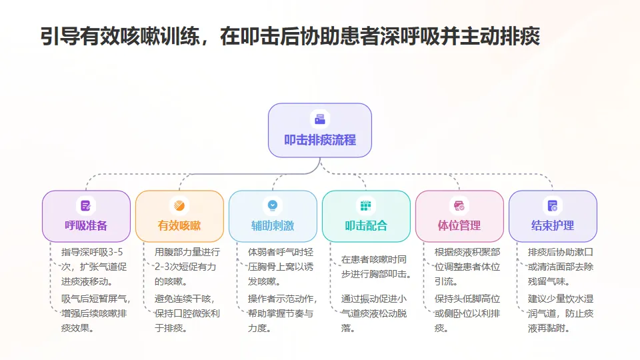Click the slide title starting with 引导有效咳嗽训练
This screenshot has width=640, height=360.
290,36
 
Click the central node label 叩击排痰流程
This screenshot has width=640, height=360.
320,140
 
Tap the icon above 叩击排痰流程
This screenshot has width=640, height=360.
320,119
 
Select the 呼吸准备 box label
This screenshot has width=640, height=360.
86,225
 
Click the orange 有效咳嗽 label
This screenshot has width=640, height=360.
179,225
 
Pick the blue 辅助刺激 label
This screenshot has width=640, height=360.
273,225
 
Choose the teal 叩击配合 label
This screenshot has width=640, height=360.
366,225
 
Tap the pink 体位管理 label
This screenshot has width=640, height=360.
459,225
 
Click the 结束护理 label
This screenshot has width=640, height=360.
553,225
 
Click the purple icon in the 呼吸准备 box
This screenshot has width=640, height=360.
86,205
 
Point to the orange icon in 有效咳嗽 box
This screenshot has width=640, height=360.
179,205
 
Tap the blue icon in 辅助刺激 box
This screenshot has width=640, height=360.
273,205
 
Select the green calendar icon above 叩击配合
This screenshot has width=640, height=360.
366,205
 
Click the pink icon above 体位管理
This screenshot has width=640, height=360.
459,205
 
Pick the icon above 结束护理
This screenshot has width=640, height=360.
553,205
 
